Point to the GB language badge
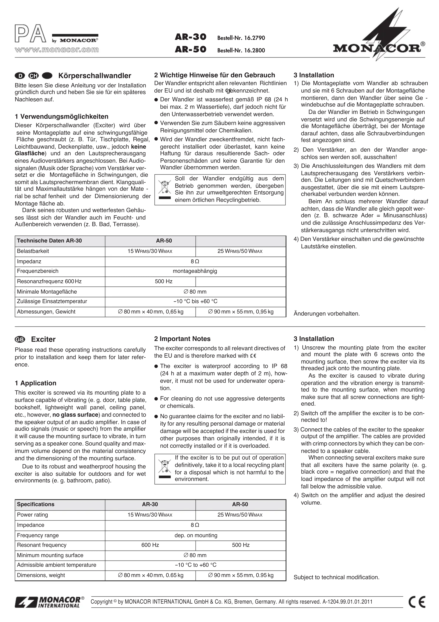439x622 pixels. pos(20,339)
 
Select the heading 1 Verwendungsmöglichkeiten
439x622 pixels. pos(61,117)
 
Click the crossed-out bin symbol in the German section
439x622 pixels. pos(165,189)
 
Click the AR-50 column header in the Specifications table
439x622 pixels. pos(240,504)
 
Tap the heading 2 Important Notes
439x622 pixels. pos(182,339)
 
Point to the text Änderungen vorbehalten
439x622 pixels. pos(327,314)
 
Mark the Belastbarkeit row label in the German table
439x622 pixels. pos(33,251)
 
